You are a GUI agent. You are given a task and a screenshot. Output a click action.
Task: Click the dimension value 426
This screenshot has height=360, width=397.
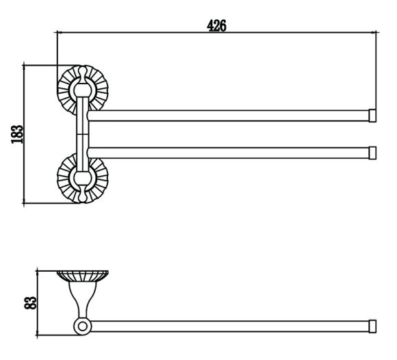click(216, 26)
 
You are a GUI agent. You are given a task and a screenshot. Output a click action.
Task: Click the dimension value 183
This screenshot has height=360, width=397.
click(17, 134)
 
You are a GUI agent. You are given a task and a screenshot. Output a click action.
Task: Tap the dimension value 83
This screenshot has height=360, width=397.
click(30, 303)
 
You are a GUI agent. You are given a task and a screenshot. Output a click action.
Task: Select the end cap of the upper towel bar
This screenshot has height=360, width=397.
click(372, 116)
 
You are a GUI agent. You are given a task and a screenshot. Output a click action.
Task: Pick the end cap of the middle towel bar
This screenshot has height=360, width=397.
click(372, 153)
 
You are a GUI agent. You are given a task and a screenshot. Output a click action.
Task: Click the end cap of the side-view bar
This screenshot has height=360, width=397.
click(372, 326)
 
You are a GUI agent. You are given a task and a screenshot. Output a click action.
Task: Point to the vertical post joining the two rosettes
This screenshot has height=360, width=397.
click(83, 134)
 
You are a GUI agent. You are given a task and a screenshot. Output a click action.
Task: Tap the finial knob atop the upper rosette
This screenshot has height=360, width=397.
click(82, 72)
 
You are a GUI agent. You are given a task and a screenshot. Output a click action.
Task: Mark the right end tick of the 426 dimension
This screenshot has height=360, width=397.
click(376, 32)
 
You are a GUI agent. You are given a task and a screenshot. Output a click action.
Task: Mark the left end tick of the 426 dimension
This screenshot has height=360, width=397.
click(57, 32)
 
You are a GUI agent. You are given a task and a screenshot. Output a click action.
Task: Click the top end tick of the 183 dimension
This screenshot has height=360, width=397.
click(24, 65)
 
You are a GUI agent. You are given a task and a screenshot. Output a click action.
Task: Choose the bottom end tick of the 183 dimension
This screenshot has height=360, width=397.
click(24, 203)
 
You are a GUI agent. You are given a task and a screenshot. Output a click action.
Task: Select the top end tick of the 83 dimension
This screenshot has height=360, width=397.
click(37, 271)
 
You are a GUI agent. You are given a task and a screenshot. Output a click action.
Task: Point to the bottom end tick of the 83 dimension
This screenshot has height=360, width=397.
click(37, 335)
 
